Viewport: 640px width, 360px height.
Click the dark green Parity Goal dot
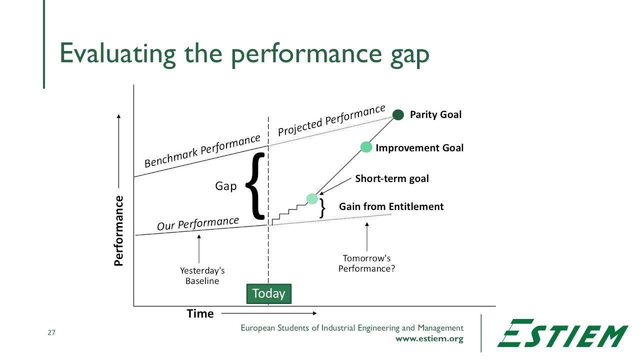pos(398,115)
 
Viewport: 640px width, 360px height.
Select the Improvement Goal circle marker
pos(366,147)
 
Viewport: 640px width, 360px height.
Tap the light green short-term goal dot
pos(312,198)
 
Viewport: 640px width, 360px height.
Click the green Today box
pos(268,293)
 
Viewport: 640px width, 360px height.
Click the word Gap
pos(225,186)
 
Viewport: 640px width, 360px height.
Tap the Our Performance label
pos(198,223)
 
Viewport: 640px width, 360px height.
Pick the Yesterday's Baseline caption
pos(202,275)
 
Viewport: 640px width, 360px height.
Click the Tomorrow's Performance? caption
pos(366,263)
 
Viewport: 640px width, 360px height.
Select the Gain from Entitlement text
pos(391,206)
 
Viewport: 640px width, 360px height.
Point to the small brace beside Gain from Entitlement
pos(323,208)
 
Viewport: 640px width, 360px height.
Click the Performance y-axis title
pos(118,230)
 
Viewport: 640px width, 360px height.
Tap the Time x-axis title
pos(200,313)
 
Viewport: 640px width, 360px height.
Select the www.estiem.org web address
pos(429,338)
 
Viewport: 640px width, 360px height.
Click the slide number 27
pos(51,332)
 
